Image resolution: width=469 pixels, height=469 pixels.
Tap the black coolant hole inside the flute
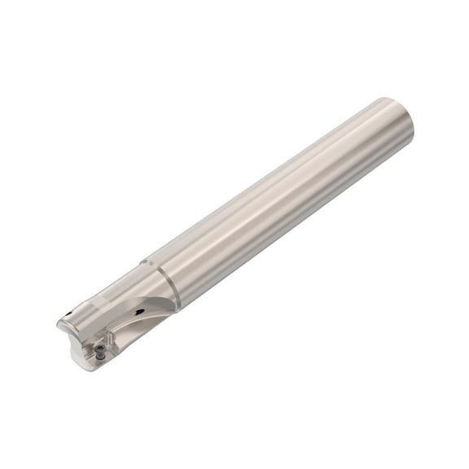coord(140,312)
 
